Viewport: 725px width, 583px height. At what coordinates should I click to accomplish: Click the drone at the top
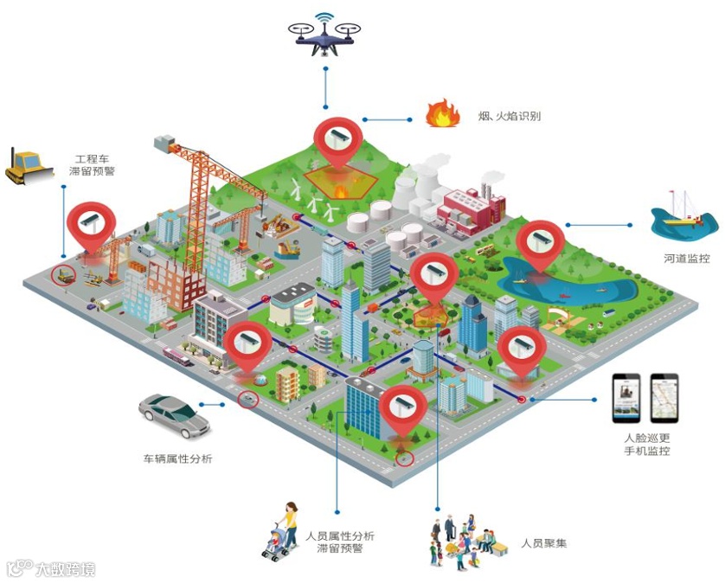point(326,35)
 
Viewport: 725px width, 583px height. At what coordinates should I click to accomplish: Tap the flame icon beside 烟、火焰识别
point(441,114)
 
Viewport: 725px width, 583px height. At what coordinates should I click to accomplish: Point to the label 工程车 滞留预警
point(92,165)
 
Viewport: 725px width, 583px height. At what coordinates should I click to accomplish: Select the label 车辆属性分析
point(177,458)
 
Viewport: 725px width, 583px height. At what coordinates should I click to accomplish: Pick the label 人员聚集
point(543,544)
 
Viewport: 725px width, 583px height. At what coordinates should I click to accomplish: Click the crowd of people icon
point(461,541)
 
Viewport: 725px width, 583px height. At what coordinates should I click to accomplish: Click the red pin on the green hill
point(337,140)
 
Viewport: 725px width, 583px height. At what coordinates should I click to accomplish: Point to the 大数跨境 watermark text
point(65,569)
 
